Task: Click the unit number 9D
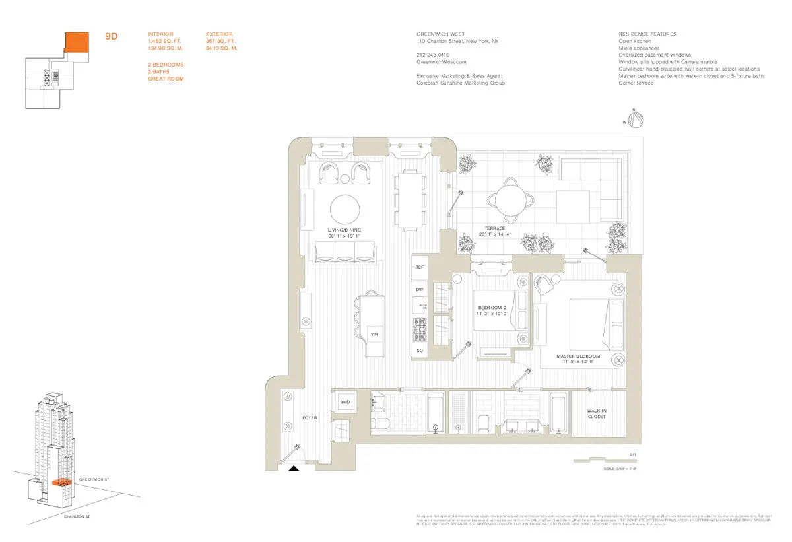point(111,37)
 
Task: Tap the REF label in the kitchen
point(419,267)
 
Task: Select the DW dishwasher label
point(419,290)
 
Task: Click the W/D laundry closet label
point(345,402)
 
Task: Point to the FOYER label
point(310,418)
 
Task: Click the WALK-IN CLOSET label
point(596,413)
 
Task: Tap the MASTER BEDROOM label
point(578,357)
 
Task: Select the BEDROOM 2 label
point(492,310)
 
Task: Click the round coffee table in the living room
point(345,211)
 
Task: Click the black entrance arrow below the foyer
point(294,468)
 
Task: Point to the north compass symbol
point(635,119)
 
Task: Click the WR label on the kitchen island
point(374,335)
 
